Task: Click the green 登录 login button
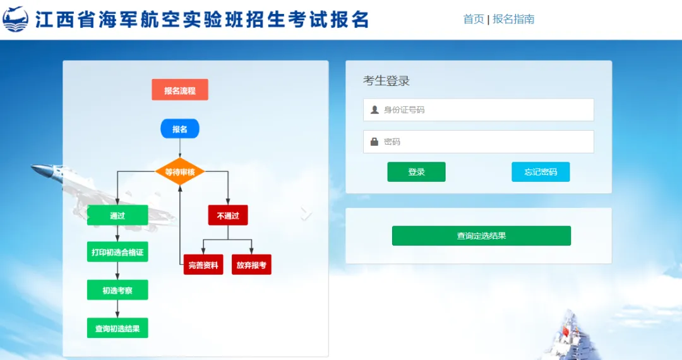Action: click(416, 172)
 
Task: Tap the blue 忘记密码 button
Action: click(541, 172)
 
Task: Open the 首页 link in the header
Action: click(473, 19)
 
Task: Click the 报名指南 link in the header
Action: click(513, 19)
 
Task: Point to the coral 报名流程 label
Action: click(180, 90)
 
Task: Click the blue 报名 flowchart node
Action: click(180, 129)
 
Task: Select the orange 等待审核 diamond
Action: click(180, 172)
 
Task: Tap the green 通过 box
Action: click(117, 215)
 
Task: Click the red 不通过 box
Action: click(228, 215)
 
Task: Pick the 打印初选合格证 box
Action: click(117, 253)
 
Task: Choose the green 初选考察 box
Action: click(117, 290)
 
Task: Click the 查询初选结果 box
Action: click(117, 328)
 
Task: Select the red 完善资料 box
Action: click(203, 265)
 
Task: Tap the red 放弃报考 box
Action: click(251, 265)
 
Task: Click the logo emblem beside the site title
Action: click(16, 20)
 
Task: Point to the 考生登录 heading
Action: click(386, 81)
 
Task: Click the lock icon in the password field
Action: click(374, 141)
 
